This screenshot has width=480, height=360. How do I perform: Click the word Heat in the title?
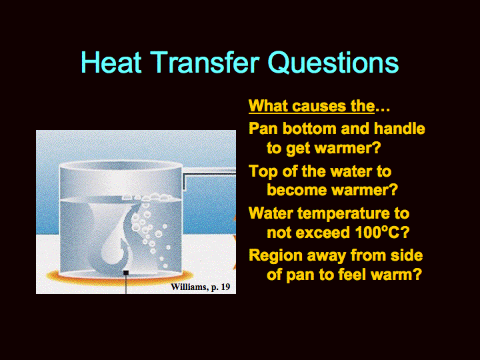tap(111, 63)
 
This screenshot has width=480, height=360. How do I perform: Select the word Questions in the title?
tap(333, 63)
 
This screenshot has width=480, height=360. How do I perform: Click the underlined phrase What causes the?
tap(311, 106)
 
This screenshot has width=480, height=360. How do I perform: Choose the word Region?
tap(275, 255)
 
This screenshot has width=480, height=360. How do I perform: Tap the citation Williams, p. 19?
tap(201, 287)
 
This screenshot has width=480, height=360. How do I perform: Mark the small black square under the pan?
tap(126, 273)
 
